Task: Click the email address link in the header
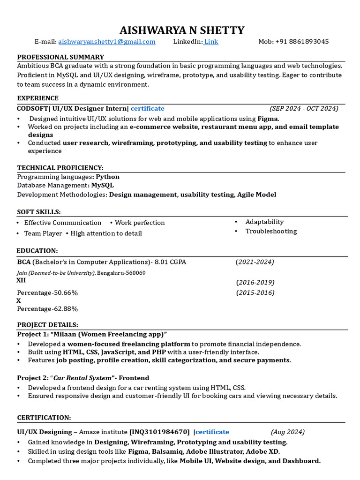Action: pos(107,42)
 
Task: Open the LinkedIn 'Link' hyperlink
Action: pos(211,42)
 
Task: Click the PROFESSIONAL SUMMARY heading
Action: pos(60,57)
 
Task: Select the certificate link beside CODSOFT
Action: pos(148,109)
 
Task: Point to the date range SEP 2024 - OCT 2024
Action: pos(304,109)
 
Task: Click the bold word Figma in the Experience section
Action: pos(268,119)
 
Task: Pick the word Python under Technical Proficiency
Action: pos(108,177)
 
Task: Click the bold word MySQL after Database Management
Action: pos(102,186)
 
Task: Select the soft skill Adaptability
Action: pos(264,222)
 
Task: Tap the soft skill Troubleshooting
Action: pos(271,231)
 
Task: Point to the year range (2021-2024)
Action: pos(255,262)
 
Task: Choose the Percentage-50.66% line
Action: pos(47,293)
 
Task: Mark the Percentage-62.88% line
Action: pos(47,309)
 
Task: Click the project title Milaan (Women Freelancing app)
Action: pos(110,334)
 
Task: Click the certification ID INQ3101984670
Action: pos(160,432)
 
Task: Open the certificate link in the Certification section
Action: pos(212,432)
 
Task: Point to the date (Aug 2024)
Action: pos(288,432)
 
